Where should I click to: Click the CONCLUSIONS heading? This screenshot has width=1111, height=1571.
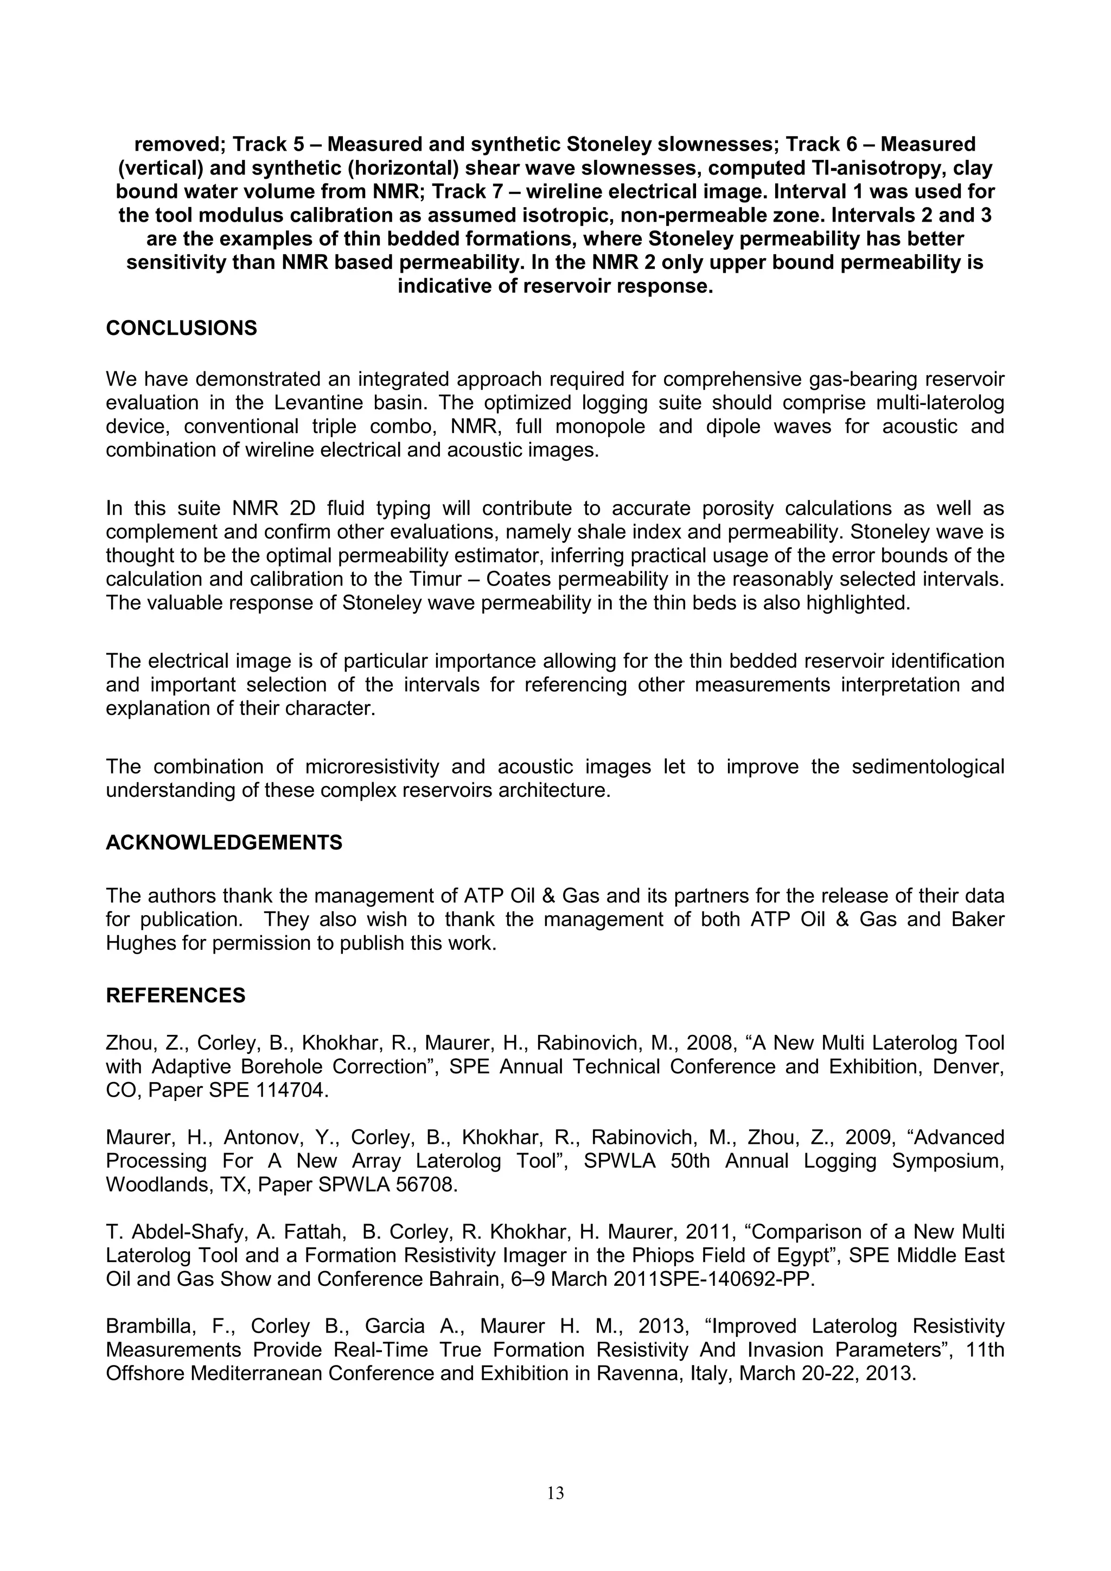click(x=181, y=329)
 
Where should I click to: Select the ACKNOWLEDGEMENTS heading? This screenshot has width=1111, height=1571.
click(x=224, y=842)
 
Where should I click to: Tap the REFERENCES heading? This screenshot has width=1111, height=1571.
click(x=175, y=995)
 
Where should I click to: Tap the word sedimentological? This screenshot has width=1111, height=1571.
click(x=928, y=767)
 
